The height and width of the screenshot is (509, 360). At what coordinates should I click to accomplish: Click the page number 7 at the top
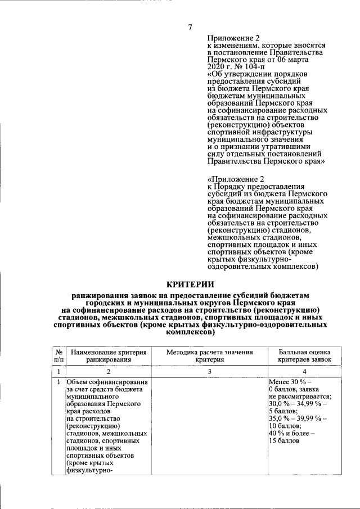(190, 28)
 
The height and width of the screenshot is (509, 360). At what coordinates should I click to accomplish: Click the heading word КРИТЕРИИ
(190, 285)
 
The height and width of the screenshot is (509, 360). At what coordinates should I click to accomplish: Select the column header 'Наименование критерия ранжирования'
(109, 355)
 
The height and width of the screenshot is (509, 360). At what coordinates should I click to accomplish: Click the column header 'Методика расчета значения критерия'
(210, 355)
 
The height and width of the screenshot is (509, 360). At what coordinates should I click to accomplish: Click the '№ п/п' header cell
(59, 355)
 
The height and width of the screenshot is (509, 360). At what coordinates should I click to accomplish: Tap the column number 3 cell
(209, 372)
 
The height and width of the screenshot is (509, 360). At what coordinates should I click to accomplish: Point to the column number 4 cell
(305, 372)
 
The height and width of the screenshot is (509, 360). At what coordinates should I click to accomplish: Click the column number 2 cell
(109, 372)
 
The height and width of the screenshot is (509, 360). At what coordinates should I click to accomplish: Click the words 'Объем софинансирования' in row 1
(107, 382)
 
